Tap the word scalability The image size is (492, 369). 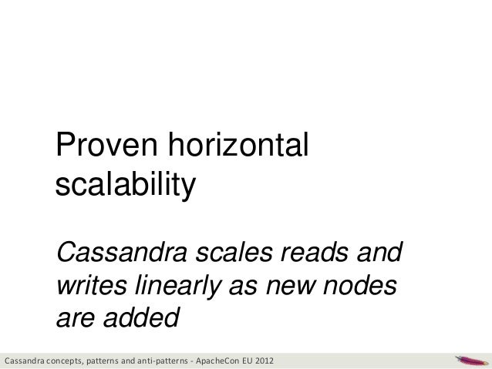click(x=126, y=185)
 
